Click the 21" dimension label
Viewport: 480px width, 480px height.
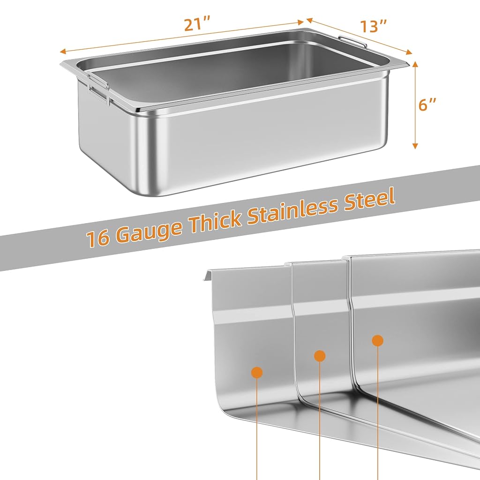[x=197, y=25]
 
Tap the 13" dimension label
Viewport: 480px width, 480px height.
[x=374, y=26]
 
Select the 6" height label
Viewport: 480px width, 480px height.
[x=427, y=105]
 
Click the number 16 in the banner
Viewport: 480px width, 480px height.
[x=97, y=238]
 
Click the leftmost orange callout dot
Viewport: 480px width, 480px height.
[x=257, y=372]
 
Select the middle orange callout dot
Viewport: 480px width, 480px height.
[x=320, y=356]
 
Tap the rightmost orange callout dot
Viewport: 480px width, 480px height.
[x=377, y=340]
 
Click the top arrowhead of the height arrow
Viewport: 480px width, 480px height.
[x=415, y=63]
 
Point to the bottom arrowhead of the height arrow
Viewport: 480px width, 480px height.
[x=415, y=146]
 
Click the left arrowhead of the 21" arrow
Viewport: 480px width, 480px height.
[x=63, y=52]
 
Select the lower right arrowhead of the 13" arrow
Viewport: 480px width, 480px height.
[x=409, y=52]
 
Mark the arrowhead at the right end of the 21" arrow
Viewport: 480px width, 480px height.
[x=300, y=22]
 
